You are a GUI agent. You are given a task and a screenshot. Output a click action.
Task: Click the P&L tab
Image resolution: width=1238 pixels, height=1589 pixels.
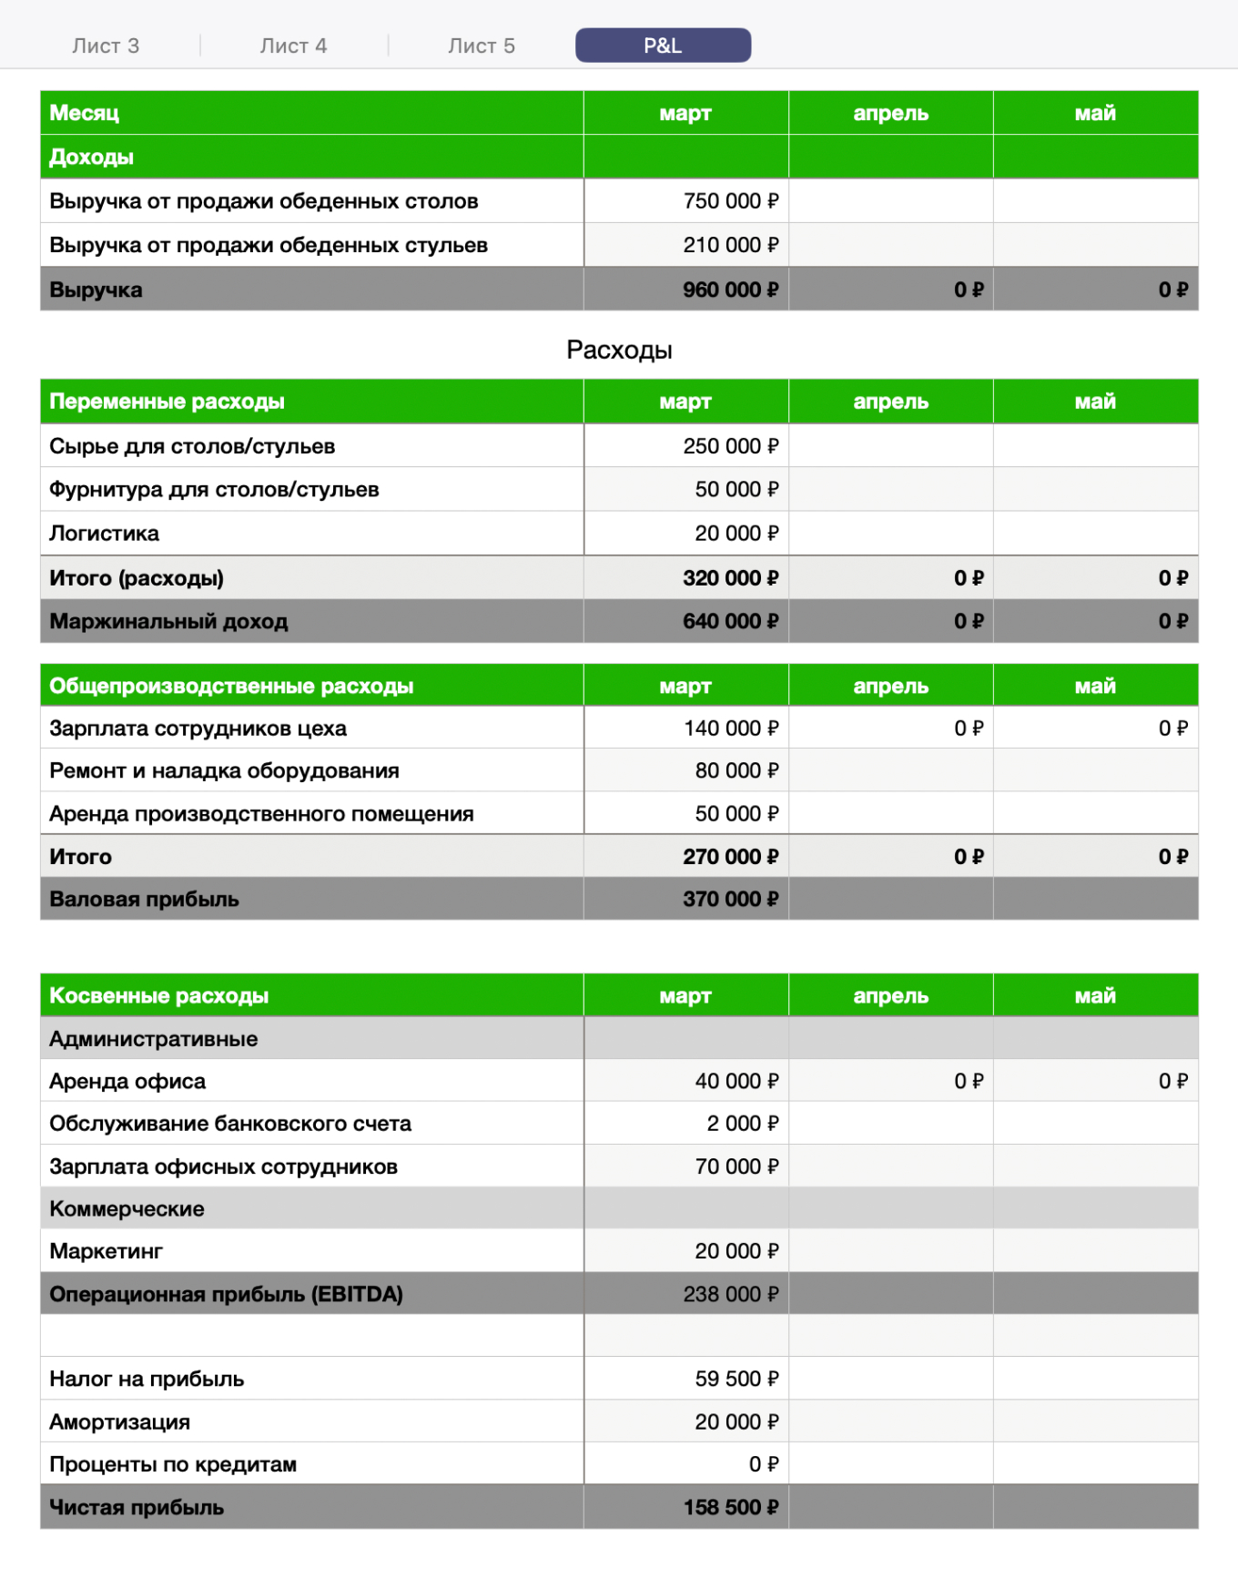pyautogui.click(x=663, y=46)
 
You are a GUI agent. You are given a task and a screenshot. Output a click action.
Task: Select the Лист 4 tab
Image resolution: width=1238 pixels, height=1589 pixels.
pyautogui.click(x=293, y=46)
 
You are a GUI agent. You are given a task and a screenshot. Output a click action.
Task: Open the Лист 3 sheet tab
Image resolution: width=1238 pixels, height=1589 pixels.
pyautogui.click(x=106, y=46)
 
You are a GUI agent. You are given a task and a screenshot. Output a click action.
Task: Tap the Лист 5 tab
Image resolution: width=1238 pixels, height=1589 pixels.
pyautogui.click(x=482, y=46)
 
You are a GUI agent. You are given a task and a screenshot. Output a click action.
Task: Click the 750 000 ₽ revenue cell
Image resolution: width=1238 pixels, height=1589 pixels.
pyautogui.click(x=730, y=201)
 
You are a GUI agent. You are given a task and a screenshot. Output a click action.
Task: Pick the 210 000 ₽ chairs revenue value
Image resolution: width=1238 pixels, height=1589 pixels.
pyautogui.click(x=730, y=245)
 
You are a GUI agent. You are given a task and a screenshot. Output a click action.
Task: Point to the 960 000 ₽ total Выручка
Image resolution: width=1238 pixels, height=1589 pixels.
pyautogui.click(x=730, y=290)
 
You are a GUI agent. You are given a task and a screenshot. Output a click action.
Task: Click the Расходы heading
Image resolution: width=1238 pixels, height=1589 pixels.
pyautogui.click(x=619, y=350)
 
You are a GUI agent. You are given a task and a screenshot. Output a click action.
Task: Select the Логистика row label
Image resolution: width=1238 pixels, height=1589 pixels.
pyautogui.click(x=104, y=534)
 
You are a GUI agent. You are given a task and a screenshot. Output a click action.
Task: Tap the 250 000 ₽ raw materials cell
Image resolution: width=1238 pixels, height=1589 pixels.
pyautogui.click(x=730, y=446)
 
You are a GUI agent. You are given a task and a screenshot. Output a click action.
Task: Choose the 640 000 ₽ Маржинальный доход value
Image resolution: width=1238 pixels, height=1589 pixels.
pyautogui.click(x=730, y=621)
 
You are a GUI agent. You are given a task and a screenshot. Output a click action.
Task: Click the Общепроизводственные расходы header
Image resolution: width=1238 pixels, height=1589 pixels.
pyautogui.click(x=231, y=686)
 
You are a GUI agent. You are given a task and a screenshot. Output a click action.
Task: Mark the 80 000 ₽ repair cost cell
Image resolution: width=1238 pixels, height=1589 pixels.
pyautogui.click(x=736, y=770)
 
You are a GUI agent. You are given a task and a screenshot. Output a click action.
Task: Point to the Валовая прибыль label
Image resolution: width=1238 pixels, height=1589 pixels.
pyautogui.click(x=144, y=899)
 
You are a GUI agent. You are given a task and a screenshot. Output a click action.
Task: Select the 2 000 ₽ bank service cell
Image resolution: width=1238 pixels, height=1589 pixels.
pyautogui.click(x=742, y=1124)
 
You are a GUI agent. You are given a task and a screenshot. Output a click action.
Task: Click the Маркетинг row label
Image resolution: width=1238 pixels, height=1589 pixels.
pyautogui.click(x=106, y=1251)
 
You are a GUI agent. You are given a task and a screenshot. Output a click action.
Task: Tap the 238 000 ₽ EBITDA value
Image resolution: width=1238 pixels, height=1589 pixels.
pyautogui.click(x=730, y=1294)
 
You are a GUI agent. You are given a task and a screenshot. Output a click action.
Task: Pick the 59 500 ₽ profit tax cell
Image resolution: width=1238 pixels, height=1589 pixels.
pyautogui.click(x=736, y=1379)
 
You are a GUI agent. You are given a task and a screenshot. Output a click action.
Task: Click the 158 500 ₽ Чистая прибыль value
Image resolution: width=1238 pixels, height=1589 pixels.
pyautogui.click(x=730, y=1507)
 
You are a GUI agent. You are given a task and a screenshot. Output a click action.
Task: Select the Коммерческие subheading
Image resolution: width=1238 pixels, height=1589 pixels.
pyautogui.click(x=127, y=1208)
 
